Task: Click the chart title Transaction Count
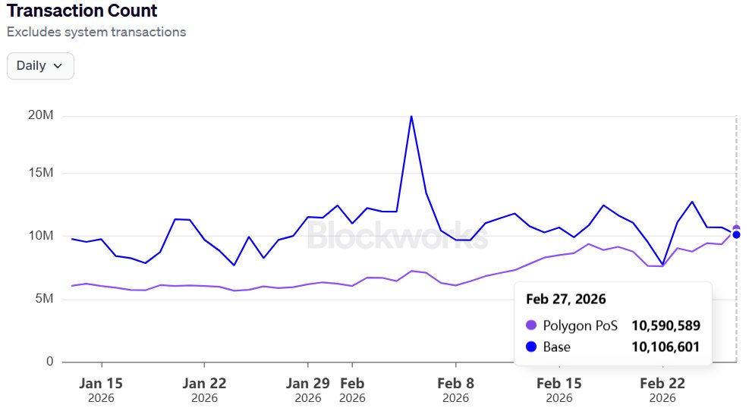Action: coord(82,11)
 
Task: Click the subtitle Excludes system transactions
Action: coord(96,32)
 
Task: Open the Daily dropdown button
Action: coord(40,66)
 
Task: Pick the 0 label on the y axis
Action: coord(49,362)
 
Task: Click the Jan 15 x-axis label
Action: coord(101,384)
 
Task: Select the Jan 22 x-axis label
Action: coord(204,384)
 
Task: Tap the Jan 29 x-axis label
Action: coord(307,384)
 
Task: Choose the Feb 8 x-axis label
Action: coord(456,384)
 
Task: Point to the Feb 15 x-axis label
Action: coord(559,384)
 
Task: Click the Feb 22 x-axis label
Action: coord(662,384)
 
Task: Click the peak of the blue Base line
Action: coord(411,117)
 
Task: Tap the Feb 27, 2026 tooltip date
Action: coord(565,300)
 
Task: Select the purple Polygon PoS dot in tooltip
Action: coord(531,325)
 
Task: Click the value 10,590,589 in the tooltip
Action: coord(666,325)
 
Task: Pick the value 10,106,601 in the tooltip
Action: coord(666,347)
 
